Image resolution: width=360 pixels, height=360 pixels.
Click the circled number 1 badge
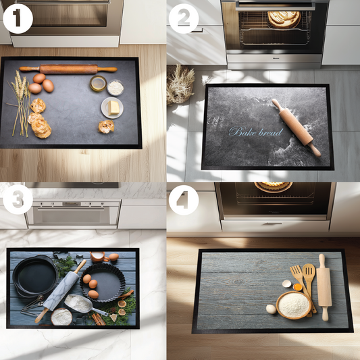pyautogui.click(x=18, y=18)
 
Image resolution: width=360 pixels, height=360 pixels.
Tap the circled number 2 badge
pyautogui.click(x=184, y=18)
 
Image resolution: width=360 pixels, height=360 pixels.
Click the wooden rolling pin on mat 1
pyautogui.click(x=68, y=69)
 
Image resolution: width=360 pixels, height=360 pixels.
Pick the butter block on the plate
pyautogui.click(x=113, y=106)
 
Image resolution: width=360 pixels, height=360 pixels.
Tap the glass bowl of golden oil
pyautogui.click(x=98, y=83)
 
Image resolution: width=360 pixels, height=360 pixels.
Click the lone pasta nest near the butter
pyautogui.click(x=106, y=126)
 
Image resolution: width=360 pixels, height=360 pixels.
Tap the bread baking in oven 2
pyautogui.click(x=283, y=18)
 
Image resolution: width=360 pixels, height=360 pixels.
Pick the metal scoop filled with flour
pyautogui.click(x=81, y=305)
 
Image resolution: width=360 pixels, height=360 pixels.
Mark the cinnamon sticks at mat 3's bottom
pyautogui.click(x=99, y=318)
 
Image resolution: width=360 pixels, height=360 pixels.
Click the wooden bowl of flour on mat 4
pyautogui.click(x=293, y=305)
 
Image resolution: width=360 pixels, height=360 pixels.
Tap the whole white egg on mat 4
pyautogui.click(x=272, y=309)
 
